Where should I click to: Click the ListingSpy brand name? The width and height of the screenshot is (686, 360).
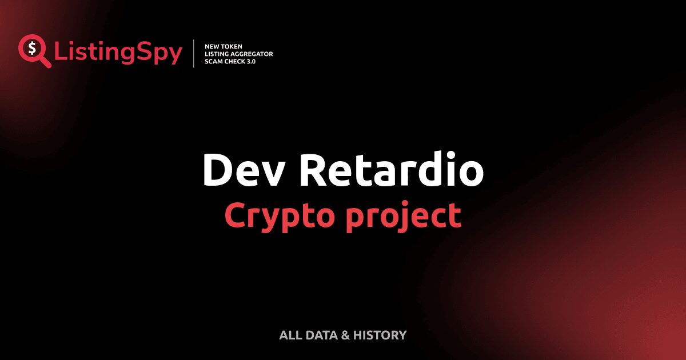[x=118, y=53]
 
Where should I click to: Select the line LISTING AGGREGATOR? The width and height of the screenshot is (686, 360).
[x=238, y=54]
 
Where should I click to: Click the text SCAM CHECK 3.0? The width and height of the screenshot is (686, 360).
[x=230, y=61]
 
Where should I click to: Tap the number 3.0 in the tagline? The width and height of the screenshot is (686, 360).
[x=250, y=61]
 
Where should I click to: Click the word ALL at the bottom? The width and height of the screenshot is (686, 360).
[x=289, y=335]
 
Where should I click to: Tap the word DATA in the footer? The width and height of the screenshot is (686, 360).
[x=321, y=335]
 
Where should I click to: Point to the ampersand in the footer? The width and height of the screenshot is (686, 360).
[x=345, y=335]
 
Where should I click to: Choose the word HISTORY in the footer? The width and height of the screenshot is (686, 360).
[x=380, y=335]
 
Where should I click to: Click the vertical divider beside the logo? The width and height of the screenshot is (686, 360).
[x=194, y=54]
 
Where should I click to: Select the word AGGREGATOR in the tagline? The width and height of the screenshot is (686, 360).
[x=252, y=54]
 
